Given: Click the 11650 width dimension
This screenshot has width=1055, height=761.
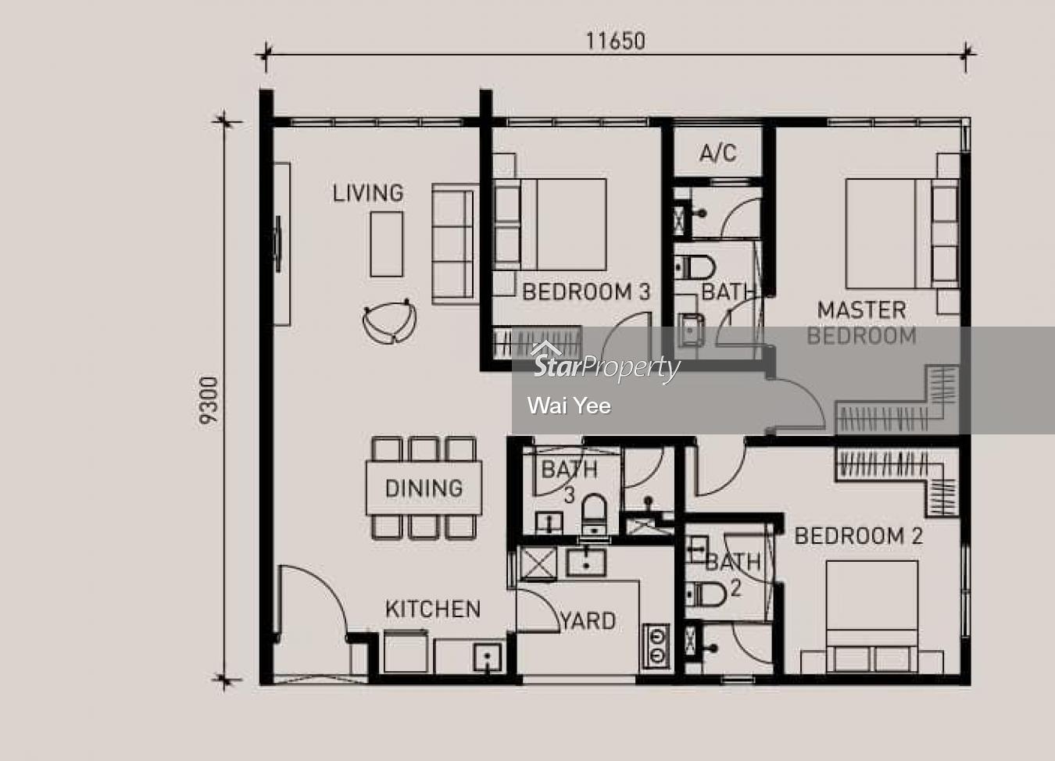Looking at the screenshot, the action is click(616, 41).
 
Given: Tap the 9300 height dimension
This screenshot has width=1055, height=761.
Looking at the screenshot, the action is click(209, 400).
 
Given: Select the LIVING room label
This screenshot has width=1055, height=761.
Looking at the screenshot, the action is click(368, 193).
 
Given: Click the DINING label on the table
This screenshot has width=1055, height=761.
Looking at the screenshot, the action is click(424, 488).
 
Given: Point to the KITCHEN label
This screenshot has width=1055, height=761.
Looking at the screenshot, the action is click(433, 609).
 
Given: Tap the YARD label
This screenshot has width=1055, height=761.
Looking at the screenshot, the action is click(588, 621).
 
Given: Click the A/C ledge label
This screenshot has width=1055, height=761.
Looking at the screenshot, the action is click(717, 153).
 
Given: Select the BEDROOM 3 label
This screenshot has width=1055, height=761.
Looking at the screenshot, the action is click(586, 292).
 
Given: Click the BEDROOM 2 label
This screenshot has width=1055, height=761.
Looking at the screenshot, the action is click(858, 536).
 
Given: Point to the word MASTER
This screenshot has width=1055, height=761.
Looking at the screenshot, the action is click(861, 310).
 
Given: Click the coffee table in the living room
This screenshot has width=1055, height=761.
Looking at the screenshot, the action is click(387, 244).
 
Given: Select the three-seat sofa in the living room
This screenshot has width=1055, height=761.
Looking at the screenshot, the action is click(455, 244).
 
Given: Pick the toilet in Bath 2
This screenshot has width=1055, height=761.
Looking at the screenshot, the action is click(706, 595).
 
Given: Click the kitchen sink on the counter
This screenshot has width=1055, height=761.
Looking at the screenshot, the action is click(488, 657).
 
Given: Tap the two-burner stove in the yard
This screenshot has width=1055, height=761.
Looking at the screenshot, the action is click(656, 645).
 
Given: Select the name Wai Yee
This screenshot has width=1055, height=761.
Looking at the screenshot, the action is click(569, 406).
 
